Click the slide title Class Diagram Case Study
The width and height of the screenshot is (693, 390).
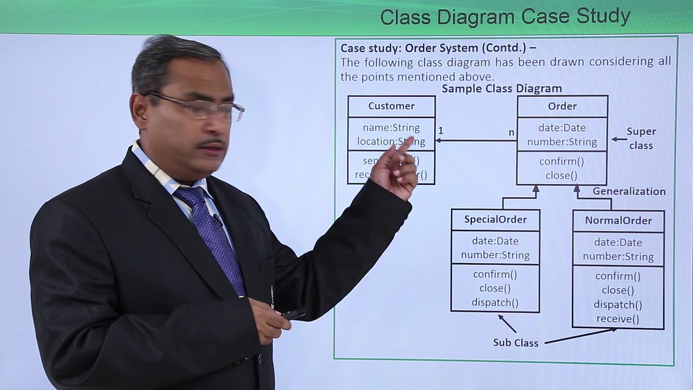(x=505, y=17)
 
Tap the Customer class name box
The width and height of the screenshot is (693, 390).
(x=391, y=106)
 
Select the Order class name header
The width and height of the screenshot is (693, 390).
(x=562, y=106)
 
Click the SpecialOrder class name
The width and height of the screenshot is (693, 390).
(x=495, y=219)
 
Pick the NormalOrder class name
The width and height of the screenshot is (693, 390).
(x=618, y=220)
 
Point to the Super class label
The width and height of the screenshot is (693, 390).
(x=641, y=138)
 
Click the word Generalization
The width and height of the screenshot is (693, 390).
(x=629, y=191)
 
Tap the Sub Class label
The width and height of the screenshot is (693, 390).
(x=515, y=343)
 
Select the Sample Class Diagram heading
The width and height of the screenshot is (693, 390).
(x=501, y=88)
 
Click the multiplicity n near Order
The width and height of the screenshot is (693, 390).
(x=511, y=132)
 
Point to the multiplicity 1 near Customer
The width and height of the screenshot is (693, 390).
(x=441, y=131)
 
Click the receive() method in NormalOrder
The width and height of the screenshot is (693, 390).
(x=618, y=319)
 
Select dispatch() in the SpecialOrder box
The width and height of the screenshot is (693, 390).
(x=495, y=302)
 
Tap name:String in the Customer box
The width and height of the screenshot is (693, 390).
(x=391, y=128)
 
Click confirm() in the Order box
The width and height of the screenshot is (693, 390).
(x=561, y=161)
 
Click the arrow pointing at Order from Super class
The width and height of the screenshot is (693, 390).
(x=619, y=139)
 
